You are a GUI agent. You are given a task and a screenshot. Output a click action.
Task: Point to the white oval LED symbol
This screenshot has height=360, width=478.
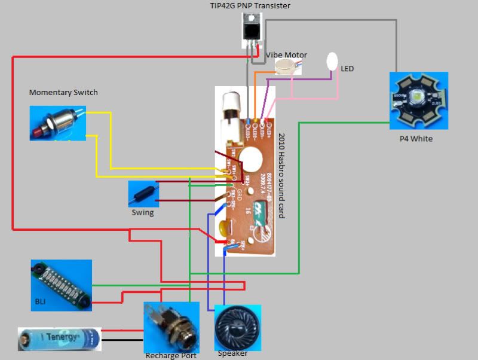pyautogui.click(x=332, y=60)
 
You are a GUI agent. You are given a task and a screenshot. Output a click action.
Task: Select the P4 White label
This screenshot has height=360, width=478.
pyautogui.click(x=416, y=139)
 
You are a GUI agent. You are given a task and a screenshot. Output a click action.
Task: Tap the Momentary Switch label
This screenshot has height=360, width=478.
pyautogui.click(x=63, y=93)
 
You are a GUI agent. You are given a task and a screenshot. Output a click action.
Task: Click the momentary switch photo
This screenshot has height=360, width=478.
pyautogui.click(x=57, y=123)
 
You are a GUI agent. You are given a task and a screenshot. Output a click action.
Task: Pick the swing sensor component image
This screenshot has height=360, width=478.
pyautogui.click(x=143, y=193)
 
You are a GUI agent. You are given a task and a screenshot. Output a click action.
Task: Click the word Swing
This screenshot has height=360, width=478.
pyautogui.click(x=142, y=212)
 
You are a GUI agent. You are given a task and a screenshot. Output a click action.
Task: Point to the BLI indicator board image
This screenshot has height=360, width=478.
pyautogui.click(x=62, y=285)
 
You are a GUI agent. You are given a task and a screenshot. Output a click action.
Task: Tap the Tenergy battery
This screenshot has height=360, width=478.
pyautogui.click(x=59, y=338)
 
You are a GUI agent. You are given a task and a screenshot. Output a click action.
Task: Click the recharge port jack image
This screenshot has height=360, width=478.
pyautogui.click(x=171, y=328)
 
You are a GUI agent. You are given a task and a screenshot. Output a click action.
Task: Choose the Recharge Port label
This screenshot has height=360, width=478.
pyautogui.click(x=171, y=356)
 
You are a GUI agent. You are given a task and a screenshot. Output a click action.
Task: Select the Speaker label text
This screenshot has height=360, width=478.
pyautogui.click(x=232, y=353)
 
